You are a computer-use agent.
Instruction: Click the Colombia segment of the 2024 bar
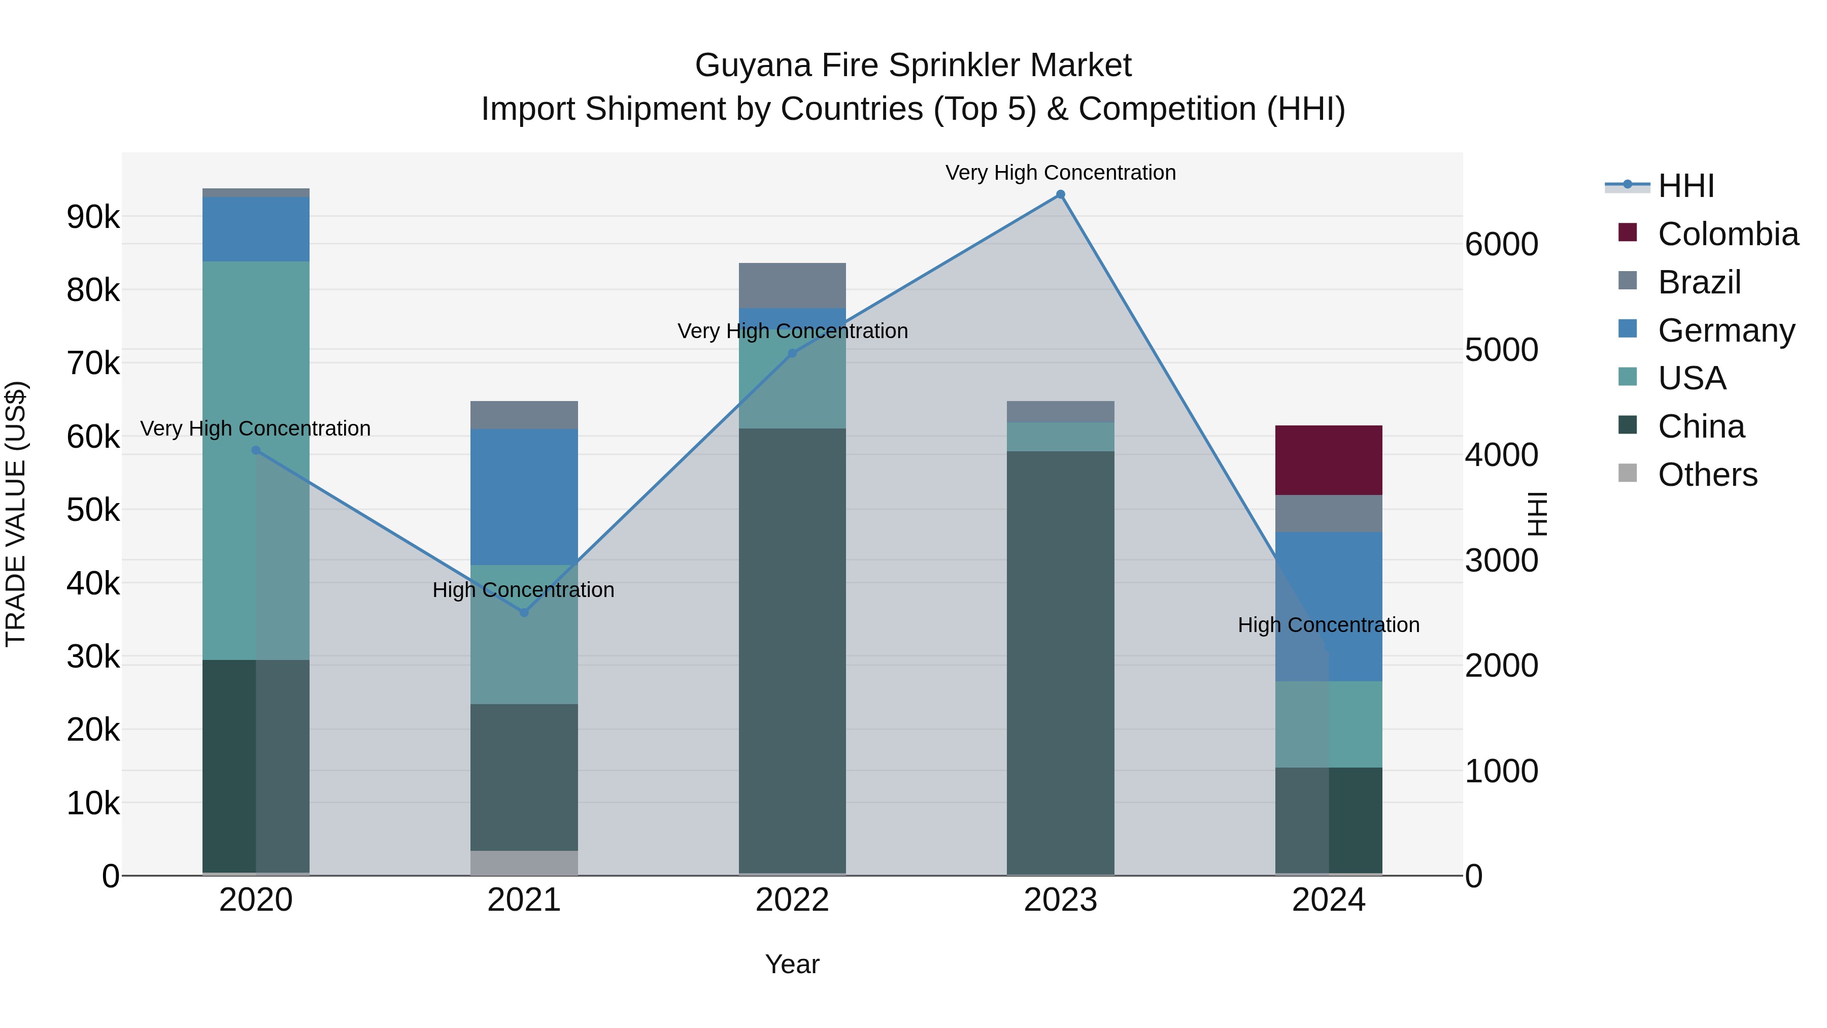[x=1329, y=460]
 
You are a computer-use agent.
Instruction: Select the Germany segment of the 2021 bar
[x=524, y=496]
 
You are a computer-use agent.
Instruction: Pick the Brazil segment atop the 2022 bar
[x=792, y=285]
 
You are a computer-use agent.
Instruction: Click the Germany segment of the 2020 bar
[x=256, y=229]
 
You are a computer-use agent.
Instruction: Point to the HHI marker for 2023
[x=1060, y=194]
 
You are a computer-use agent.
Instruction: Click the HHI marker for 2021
[x=524, y=612]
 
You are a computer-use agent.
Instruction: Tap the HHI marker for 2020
[x=256, y=450]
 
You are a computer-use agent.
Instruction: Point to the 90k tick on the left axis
[x=93, y=217]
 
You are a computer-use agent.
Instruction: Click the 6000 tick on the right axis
[x=1502, y=244]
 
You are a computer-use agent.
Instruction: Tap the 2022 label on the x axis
[x=792, y=900]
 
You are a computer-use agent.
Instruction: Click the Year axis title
[x=792, y=964]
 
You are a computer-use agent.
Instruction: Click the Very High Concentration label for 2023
[x=1060, y=173]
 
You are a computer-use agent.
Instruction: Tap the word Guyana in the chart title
[x=753, y=65]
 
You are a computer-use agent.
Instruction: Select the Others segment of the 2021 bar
[x=524, y=863]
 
